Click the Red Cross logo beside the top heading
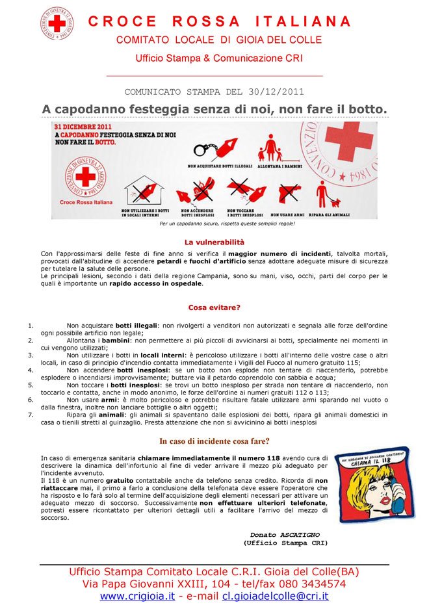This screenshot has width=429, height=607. [x=57, y=23]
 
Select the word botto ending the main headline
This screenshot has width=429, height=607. [x=367, y=108]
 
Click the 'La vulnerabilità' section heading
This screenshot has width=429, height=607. [x=214, y=242]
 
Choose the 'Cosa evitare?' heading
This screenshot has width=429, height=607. [x=214, y=307]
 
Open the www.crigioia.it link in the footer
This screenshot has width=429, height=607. [x=137, y=596]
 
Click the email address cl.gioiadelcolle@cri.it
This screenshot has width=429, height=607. [x=276, y=596]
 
